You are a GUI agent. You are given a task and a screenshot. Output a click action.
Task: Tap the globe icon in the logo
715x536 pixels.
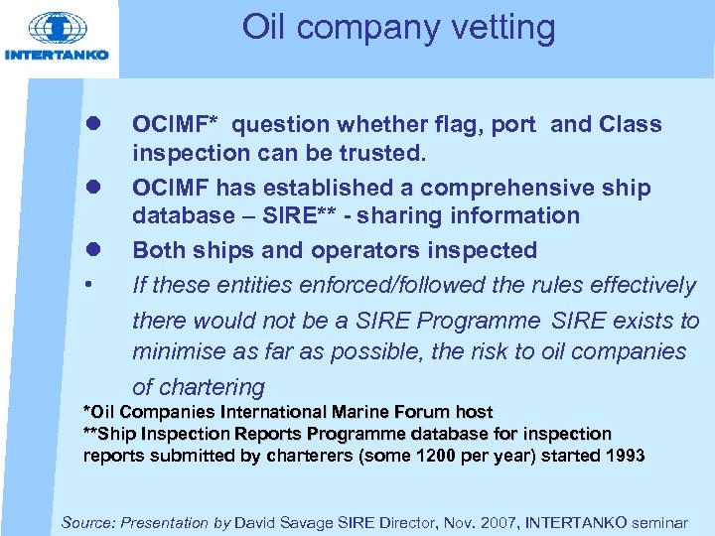pos(58,30)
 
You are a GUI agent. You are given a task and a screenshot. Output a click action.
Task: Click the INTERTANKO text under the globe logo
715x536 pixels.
pos(57,55)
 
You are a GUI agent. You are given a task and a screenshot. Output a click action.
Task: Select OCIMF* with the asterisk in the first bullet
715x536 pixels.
pos(179,124)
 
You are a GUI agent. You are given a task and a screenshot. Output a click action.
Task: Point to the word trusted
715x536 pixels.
pos(381,153)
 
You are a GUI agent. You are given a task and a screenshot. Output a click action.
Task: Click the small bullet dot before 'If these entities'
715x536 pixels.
pos(90,286)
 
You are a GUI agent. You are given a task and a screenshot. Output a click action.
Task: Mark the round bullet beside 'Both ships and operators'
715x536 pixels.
pos(90,250)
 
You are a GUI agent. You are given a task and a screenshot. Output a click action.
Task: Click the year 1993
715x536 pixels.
pos(622,456)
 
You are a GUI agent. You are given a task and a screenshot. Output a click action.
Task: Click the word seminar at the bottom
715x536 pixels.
pos(663,522)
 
